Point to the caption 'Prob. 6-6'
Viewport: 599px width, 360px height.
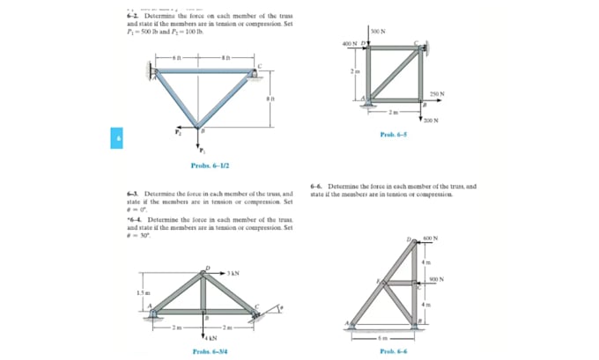tap(393, 351)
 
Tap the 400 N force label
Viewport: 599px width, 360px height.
tap(349, 43)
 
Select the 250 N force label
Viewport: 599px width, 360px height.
tap(436, 93)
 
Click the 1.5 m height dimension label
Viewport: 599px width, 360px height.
tap(140, 290)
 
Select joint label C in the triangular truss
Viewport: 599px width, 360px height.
tap(258, 67)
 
